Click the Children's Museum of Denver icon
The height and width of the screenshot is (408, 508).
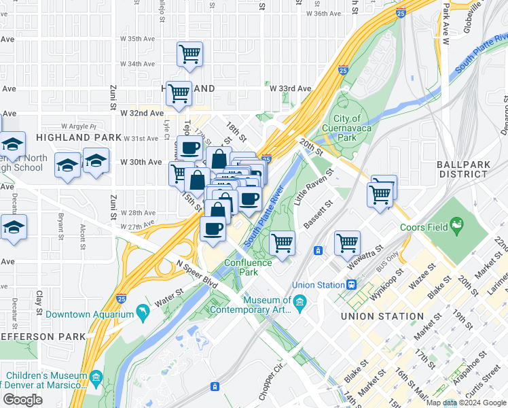[96, 376]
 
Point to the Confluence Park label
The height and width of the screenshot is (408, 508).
[249, 267]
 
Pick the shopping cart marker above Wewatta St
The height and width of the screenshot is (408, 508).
[347, 241]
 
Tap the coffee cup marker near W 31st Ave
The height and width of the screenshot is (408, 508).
[190, 147]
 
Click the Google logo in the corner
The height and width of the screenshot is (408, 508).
[22, 400]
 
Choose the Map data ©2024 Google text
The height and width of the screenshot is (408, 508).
[465, 403]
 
